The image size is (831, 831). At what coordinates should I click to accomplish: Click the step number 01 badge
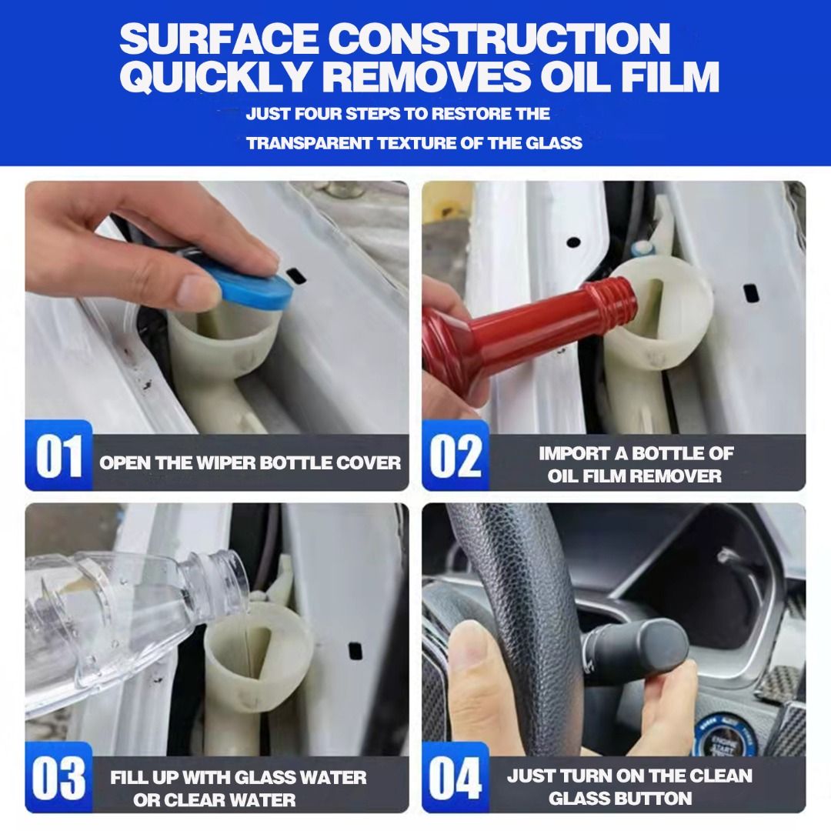pos(59,457)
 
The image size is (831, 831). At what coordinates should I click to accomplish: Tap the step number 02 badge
pos(455,457)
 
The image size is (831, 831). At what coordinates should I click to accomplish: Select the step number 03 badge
pos(59,779)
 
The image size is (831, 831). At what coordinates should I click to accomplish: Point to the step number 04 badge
pos(455,779)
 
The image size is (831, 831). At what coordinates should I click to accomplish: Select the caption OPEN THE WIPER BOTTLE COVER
pos(250,463)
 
